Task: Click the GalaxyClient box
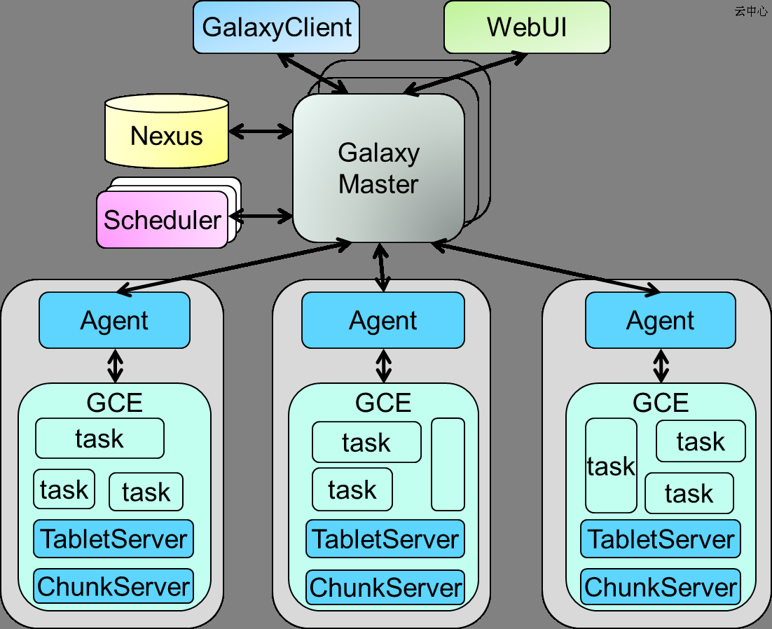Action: pos(276,27)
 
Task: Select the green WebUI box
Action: pos(527,27)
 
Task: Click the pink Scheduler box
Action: pos(163,220)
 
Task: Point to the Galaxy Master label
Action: pos(378,168)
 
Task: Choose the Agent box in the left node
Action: pos(114,320)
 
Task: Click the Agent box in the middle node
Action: pos(382,320)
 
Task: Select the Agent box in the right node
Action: pos(660,320)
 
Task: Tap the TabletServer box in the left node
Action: pos(113,539)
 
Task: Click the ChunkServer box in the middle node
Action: pos(385,587)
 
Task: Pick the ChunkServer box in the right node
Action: pos(661,587)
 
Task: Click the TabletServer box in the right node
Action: pos(660,539)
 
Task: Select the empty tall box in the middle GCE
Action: pos(448,464)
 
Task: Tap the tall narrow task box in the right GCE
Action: pos(611,466)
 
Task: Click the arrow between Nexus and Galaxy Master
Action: pos(261,131)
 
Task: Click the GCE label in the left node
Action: pos(114,402)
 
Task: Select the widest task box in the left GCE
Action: pos(99,438)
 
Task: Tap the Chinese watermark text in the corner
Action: pos(751,12)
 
